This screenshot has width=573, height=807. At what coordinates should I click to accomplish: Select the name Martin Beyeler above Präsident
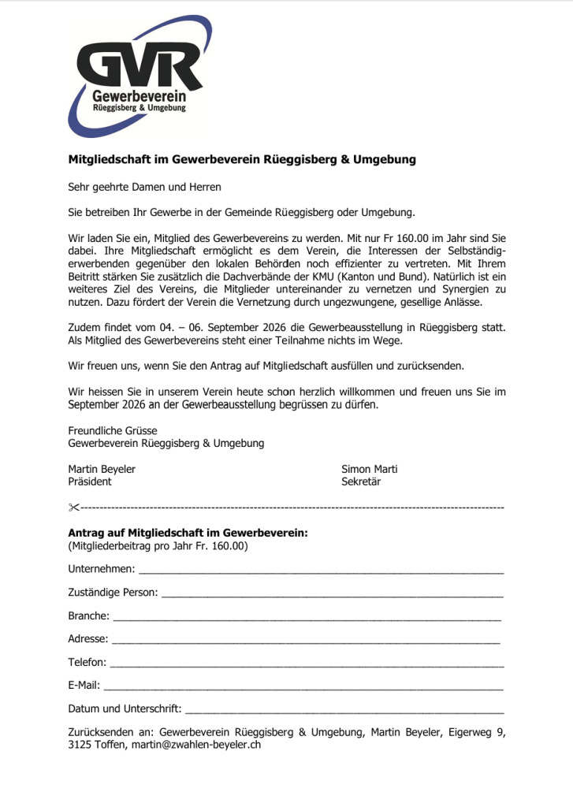click(x=102, y=470)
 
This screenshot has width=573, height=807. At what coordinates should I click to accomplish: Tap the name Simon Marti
click(x=369, y=470)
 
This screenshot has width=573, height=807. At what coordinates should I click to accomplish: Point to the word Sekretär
click(x=361, y=482)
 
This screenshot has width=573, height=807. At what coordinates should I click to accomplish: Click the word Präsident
click(x=90, y=482)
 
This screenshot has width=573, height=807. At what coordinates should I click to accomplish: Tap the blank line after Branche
click(x=307, y=617)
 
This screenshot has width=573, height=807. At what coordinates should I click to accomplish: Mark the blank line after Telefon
click(x=307, y=664)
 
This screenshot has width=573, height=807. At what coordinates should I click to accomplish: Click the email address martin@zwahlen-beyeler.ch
click(x=195, y=744)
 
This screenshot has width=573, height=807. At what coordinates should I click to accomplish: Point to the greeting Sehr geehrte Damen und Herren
click(x=145, y=187)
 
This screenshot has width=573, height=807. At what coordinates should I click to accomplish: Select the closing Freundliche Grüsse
click(x=113, y=431)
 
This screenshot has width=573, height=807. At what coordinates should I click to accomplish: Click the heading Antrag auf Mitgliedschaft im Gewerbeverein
click(x=188, y=533)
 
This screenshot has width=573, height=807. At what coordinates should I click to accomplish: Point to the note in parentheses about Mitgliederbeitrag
click(x=158, y=545)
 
